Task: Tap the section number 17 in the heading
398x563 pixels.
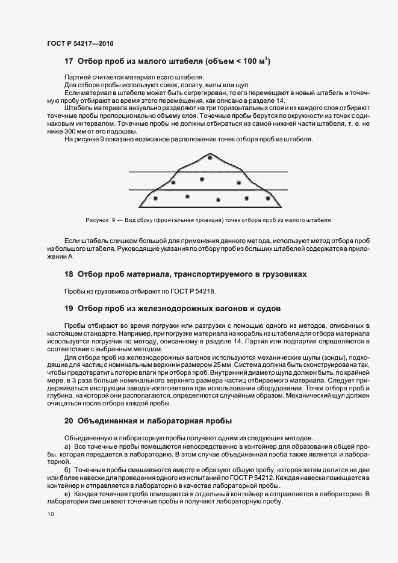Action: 69,61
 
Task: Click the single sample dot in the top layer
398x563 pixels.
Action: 210,158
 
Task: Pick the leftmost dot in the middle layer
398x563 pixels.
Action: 174,181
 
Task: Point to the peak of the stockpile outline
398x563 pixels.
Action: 209,152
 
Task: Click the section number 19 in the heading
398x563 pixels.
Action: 69,309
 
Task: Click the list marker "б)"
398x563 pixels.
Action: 68,469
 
